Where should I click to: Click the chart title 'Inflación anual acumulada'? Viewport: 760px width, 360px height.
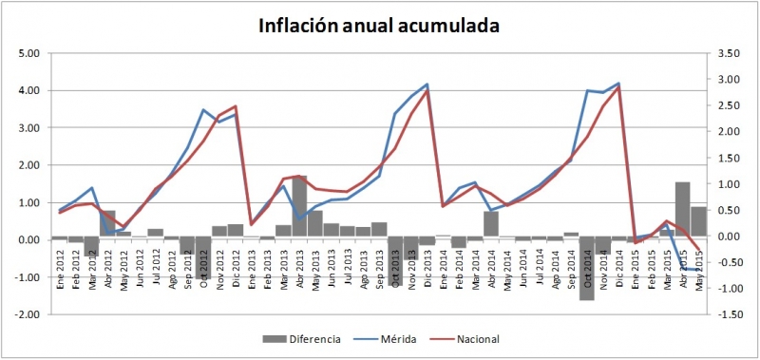point(380,26)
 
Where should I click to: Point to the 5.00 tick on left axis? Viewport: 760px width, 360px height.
point(27,53)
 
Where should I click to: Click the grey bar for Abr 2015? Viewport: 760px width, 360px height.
point(682,209)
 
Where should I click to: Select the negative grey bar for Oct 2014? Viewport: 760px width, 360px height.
point(587,268)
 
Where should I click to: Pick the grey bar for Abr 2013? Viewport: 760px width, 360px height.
point(299,207)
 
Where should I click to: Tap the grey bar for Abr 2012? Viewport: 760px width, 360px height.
point(107,224)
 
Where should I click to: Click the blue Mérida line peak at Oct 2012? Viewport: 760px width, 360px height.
point(203,110)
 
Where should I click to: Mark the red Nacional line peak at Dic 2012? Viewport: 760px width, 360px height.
point(236,106)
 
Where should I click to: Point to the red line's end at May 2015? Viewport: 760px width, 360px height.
point(700,251)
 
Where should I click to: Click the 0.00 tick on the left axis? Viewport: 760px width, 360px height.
point(27,239)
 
